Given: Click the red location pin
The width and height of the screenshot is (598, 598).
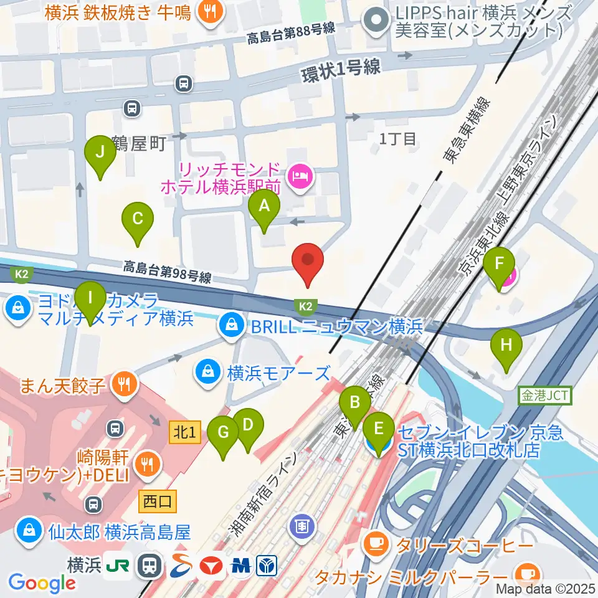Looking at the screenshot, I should pyautogui.click(x=308, y=263).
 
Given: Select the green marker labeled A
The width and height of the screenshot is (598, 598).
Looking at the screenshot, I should pyautogui.click(x=264, y=210).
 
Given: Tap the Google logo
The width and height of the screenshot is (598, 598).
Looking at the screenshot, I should pyautogui.click(x=42, y=582).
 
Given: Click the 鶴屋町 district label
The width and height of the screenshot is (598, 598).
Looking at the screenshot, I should pyautogui.click(x=140, y=144).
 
